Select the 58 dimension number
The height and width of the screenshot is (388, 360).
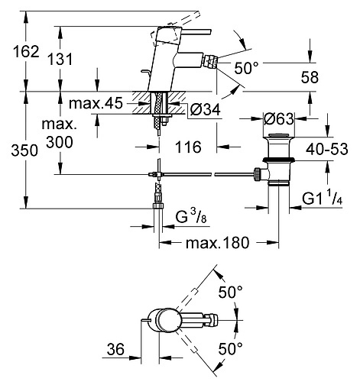310,79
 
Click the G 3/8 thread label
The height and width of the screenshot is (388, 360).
189,220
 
